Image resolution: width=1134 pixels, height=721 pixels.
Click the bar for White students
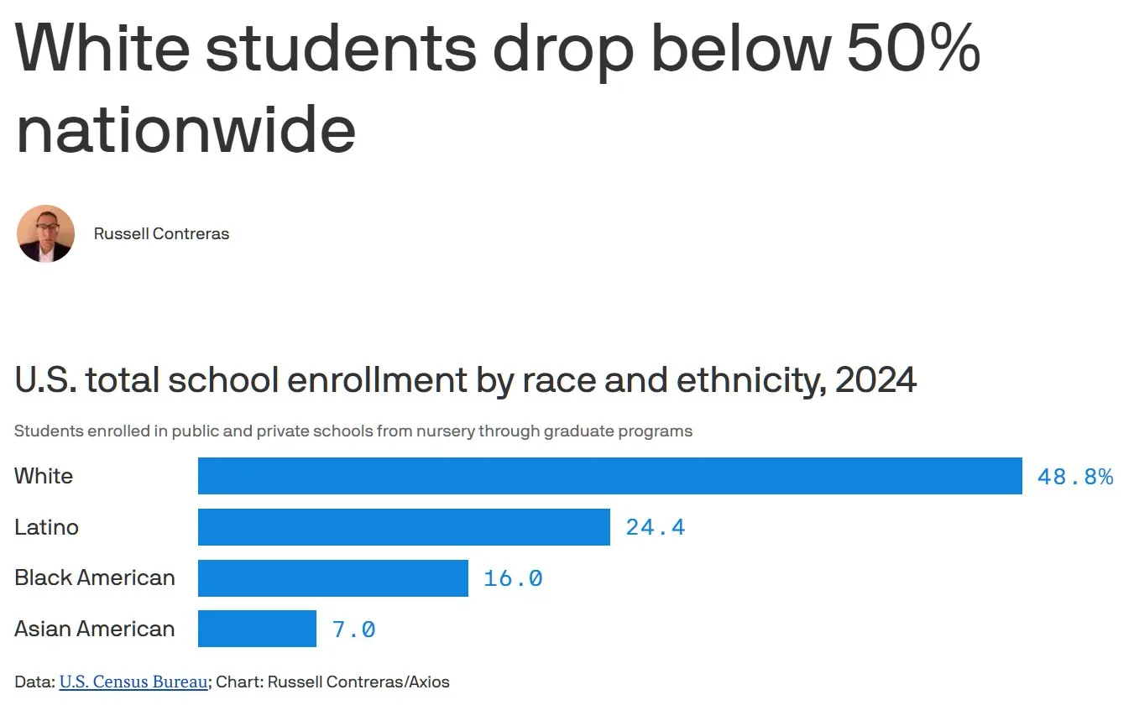(610, 476)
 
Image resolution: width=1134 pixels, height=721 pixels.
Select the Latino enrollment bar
(404, 527)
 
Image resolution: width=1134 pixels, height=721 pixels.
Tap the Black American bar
(333, 578)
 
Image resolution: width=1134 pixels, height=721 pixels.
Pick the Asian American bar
(257, 629)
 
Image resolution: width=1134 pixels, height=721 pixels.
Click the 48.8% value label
(1075, 477)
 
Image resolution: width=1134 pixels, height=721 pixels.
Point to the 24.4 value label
(656, 528)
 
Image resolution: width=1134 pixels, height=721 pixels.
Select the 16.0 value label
(514, 578)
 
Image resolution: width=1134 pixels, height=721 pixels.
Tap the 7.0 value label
(354, 630)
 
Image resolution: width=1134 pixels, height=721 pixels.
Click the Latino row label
(46, 527)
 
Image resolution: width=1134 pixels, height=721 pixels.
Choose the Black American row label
(95, 577)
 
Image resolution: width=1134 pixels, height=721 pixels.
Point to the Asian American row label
(95, 629)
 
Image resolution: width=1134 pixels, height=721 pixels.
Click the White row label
(44, 476)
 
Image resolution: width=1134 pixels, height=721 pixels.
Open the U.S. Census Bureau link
(133, 682)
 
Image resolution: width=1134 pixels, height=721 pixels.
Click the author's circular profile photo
(45, 233)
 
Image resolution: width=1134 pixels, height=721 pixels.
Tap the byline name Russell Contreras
(161, 234)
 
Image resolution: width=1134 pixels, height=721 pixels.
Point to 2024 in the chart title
(875, 379)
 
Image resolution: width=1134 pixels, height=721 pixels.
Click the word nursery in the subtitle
(446, 431)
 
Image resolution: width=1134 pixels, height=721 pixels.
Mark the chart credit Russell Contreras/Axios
(358, 682)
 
